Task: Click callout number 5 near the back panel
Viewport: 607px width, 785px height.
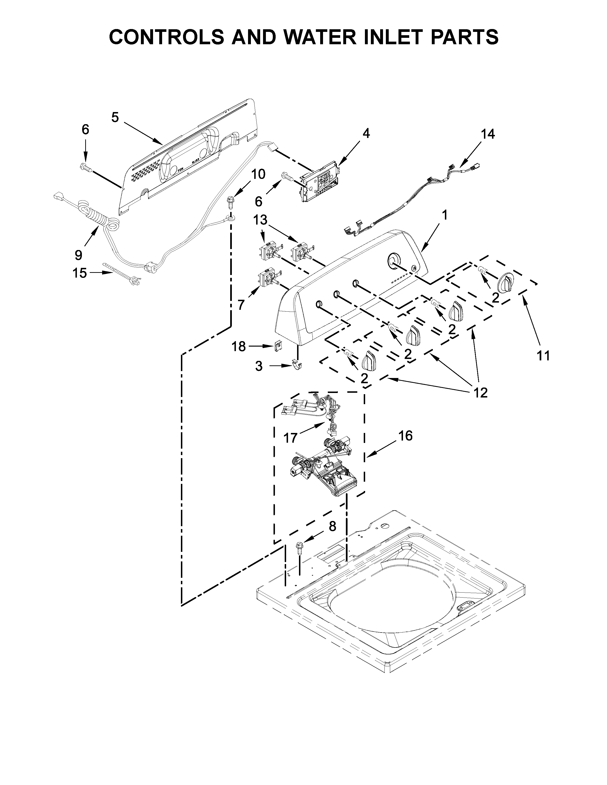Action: pos(115,118)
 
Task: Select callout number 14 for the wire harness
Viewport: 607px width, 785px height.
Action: pos(488,134)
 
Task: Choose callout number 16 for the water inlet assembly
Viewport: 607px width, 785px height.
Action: pos(405,436)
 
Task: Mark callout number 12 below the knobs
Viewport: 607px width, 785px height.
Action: pos(480,392)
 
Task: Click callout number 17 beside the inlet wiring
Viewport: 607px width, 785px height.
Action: pos(291,437)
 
